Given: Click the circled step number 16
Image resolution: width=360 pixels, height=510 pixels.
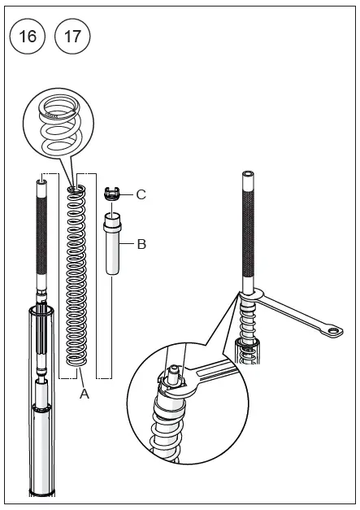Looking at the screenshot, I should tap(27, 36).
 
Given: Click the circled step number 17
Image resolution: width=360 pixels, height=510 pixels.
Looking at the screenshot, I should tap(72, 36).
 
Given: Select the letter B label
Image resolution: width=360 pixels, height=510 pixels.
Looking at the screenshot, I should tap(141, 243).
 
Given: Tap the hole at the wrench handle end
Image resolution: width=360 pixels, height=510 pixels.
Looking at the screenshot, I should tap(333, 330).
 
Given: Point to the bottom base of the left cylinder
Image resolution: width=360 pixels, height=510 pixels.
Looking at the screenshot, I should tap(40, 491).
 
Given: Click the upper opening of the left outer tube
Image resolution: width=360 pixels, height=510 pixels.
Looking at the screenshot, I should tap(40, 310).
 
